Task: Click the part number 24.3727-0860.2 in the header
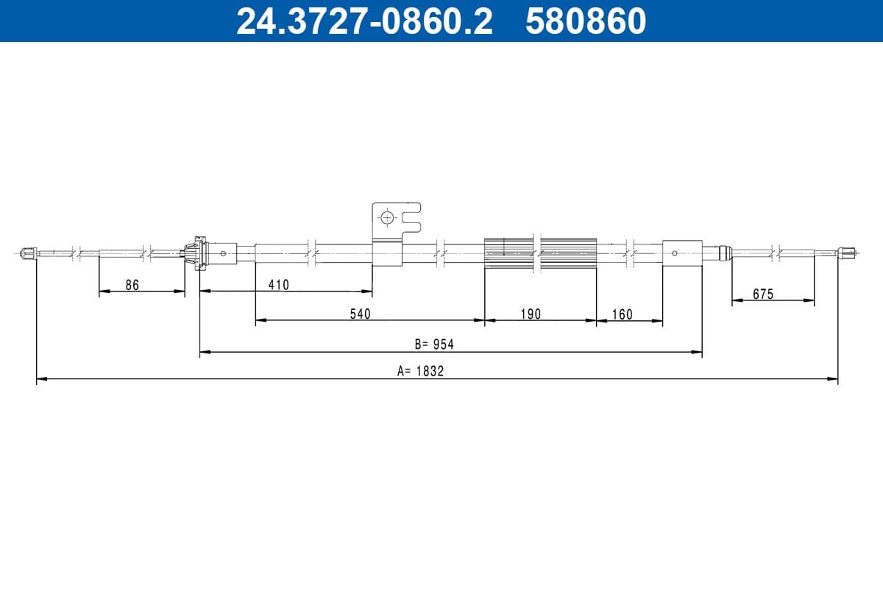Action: click(364, 21)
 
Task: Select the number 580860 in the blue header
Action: click(586, 21)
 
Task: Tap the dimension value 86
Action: click(132, 285)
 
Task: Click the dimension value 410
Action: click(278, 285)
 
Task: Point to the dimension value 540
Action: click(360, 314)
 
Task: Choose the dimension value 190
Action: click(530, 314)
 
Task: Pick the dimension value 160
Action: click(622, 314)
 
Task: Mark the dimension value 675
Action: click(763, 294)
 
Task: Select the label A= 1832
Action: click(420, 372)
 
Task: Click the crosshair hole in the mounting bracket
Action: click(387, 217)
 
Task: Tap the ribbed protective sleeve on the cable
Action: click(540, 253)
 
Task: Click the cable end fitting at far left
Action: click(29, 253)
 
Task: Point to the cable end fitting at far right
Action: click(847, 253)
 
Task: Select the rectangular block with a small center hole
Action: click(681, 253)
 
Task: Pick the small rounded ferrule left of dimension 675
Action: click(724, 253)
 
